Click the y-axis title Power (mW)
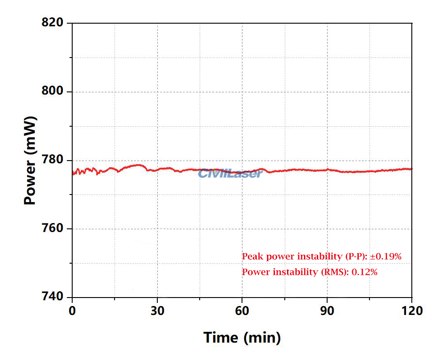coord(30,160)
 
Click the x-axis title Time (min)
coord(242,337)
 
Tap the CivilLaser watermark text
coord(230,174)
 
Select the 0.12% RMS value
coord(365,272)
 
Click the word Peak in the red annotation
coord(250,257)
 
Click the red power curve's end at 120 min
coord(411,169)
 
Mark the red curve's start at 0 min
coord(73,174)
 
